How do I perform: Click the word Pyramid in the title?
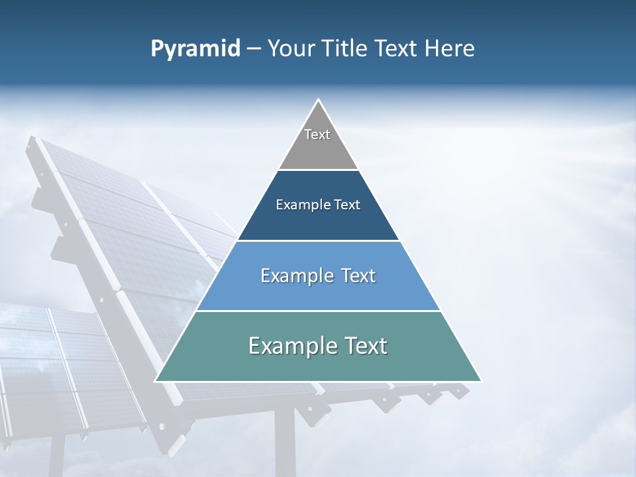[x=195, y=49]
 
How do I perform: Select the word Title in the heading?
[x=348, y=49]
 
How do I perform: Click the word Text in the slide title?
[x=397, y=49]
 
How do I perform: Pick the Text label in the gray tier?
[x=317, y=134]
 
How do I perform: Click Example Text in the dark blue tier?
[x=318, y=205]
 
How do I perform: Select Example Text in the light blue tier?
[x=318, y=276]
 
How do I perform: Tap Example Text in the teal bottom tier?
[x=318, y=346]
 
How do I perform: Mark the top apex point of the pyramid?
[x=319, y=99]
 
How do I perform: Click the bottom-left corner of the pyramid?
[x=155, y=382]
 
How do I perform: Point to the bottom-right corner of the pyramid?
[x=482, y=382]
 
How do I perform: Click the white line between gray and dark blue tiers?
[x=318, y=170]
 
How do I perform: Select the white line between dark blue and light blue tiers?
[x=318, y=240]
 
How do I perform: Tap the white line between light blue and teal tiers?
[x=318, y=311]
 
